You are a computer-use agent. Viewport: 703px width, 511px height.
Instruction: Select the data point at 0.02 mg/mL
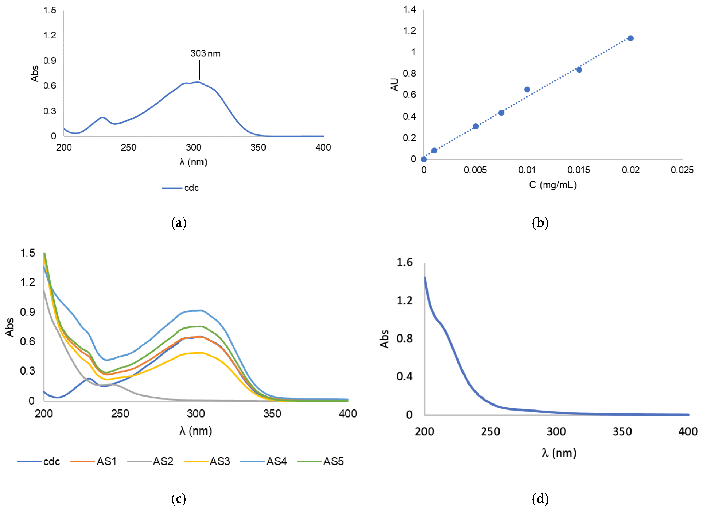[x=630, y=38]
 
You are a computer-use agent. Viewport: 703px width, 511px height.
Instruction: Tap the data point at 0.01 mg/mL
[x=527, y=89]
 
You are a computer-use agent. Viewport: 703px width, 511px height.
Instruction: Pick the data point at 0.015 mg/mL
[x=579, y=69]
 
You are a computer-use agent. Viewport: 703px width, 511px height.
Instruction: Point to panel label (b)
[x=540, y=223]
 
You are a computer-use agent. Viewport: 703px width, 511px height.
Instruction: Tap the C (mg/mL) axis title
[x=553, y=185]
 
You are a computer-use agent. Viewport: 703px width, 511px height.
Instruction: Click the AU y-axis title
[x=394, y=84]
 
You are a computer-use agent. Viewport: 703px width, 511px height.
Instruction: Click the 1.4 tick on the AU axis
[x=410, y=10]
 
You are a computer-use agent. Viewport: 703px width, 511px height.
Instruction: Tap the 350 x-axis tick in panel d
[x=622, y=431]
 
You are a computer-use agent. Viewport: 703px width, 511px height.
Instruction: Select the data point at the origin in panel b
[x=423, y=159]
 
